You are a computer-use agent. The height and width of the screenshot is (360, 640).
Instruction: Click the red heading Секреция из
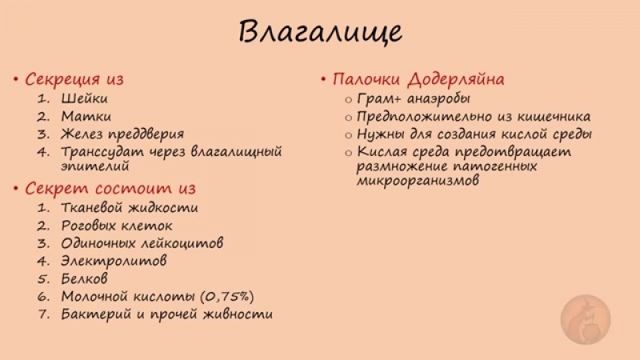click(x=74, y=79)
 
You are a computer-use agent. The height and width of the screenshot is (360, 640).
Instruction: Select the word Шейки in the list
click(x=84, y=98)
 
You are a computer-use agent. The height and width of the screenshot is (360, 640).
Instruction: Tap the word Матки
click(x=83, y=116)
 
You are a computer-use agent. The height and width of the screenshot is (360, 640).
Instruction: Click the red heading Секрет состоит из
click(x=110, y=189)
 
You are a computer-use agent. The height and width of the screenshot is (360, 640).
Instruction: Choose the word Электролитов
click(x=114, y=260)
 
